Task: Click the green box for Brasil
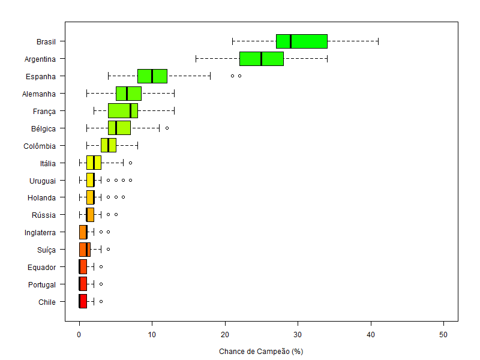(301, 41)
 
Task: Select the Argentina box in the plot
(261, 59)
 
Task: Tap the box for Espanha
(152, 76)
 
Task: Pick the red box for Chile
(83, 302)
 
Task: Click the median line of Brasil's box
(290, 41)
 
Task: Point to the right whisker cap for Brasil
(378, 41)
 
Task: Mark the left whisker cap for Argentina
(196, 59)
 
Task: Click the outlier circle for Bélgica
(167, 128)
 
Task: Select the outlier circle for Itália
(130, 163)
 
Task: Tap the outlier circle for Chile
(101, 302)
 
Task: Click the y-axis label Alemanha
(39, 94)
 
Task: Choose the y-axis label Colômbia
(40, 146)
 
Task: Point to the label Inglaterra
(40, 233)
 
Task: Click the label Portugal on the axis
(42, 285)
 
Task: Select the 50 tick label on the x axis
(443, 334)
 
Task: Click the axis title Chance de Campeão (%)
(261, 352)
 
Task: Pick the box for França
(122, 111)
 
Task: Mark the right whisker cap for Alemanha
(174, 94)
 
